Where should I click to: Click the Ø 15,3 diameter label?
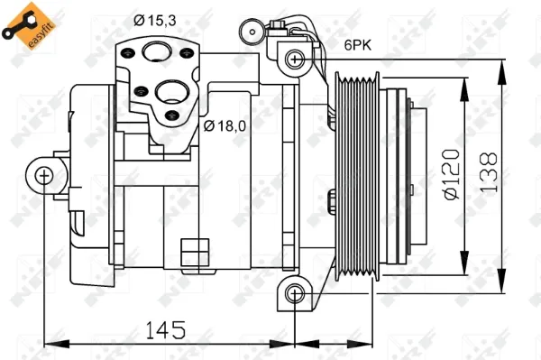pyautogui.click(x=155, y=21)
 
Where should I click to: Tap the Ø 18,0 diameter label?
pyautogui.click(x=225, y=126)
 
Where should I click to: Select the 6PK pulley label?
pyautogui.click(x=358, y=45)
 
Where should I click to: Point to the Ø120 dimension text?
pyautogui.click(x=452, y=174)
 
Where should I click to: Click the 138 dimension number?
pyautogui.click(x=489, y=172)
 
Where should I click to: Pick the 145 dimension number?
pyautogui.click(x=166, y=329)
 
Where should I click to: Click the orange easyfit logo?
pyautogui.click(x=29, y=26)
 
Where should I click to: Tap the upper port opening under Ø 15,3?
pyautogui.click(x=157, y=51)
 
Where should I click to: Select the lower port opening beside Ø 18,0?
pyautogui.click(x=171, y=92)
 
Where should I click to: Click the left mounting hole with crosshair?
pyautogui.click(x=44, y=175)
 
